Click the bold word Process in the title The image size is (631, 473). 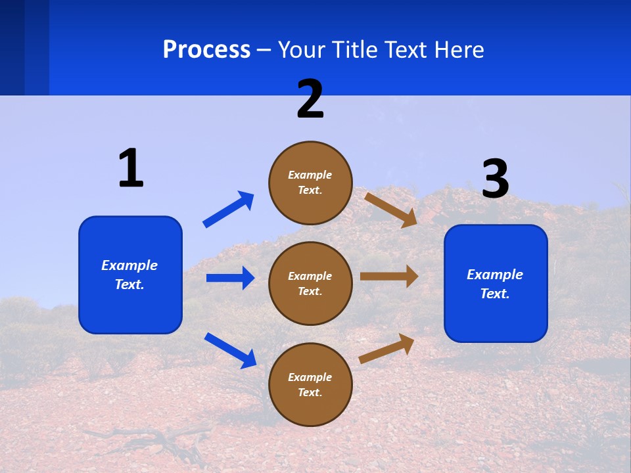coord(206,50)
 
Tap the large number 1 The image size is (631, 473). coord(131,168)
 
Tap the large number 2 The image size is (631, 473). coord(310,99)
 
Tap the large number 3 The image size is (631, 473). coord(495,179)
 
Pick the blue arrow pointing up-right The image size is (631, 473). coord(229,210)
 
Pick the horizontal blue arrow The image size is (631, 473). coord(230,278)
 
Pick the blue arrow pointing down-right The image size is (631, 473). coord(230,350)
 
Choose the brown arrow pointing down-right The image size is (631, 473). coord(391,210)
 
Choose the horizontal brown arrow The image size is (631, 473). coord(389,277)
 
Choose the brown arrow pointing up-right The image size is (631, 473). coord(387,348)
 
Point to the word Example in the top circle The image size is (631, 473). coord(310,175)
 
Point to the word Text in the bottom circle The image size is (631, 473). coord(308,392)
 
